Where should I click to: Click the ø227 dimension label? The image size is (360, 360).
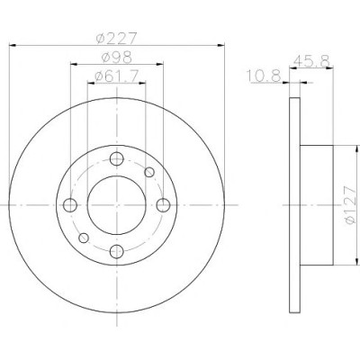(116, 38)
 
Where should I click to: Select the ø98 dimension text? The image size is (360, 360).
(117, 58)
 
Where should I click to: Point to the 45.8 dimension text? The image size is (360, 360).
(312, 61)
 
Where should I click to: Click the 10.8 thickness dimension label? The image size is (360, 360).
(264, 76)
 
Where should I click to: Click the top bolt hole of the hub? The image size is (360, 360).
(117, 158)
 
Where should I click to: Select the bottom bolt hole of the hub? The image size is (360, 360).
(117, 251)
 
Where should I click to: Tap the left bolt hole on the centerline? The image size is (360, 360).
(70, 205)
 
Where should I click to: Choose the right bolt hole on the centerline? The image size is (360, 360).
(163, 205)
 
